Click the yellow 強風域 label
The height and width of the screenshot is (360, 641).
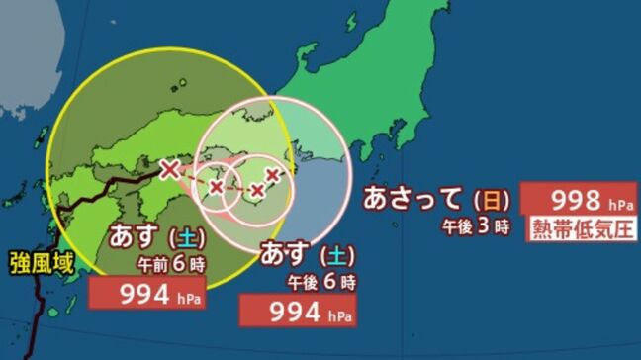click(39, 264)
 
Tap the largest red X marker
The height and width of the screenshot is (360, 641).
click(170, 167)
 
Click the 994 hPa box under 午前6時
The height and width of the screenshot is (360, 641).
click(147, 293)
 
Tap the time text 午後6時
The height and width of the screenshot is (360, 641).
click(321, 282)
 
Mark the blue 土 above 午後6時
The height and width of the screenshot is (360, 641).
click(335, 255)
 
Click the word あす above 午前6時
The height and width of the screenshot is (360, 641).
click(133, 238)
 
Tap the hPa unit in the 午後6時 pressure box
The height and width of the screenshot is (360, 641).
click(339, 315)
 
